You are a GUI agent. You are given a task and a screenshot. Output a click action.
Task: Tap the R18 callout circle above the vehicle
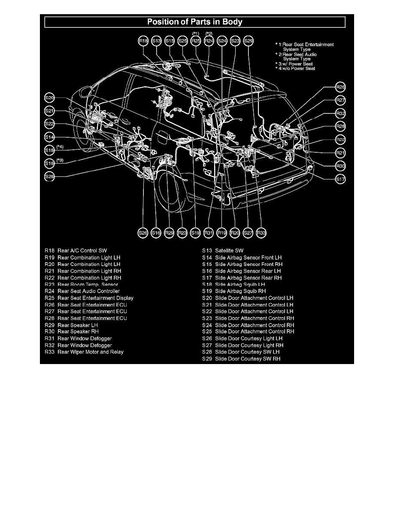[x=143, y=41]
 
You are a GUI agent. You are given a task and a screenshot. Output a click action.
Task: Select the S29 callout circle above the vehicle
[x=248, y=41]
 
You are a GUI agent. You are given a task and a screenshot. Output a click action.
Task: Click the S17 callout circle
[x=341, y=178]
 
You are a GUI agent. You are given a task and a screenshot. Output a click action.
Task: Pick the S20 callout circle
[x=50, y=97]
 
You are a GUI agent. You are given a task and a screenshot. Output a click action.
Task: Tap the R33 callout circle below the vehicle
[x=261, y=232]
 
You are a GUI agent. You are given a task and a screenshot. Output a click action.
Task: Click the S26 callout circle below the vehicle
[x=143, y=232]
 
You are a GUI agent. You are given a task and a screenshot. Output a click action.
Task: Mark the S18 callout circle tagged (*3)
[x=50, y=163]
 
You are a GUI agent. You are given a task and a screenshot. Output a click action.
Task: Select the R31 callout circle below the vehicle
[x=209, y=232]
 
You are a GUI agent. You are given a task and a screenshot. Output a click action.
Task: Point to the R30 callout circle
[x=341, y=165]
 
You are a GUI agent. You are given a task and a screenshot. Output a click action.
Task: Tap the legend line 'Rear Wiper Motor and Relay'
[x=90, y=352]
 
